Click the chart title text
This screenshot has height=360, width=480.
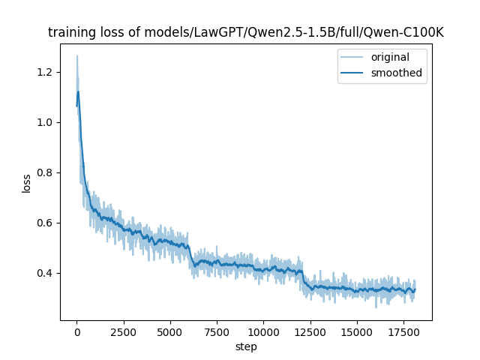coord(246,33)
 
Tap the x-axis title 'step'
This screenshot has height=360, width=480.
coord(246,347)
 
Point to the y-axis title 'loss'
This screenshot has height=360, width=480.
coord(26,183)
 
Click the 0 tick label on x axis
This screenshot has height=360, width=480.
coord(76,331)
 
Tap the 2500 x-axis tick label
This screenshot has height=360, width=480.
coord(123,331)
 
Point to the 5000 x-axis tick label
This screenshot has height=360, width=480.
coord(170,331)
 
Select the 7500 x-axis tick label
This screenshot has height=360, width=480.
coord(217,331)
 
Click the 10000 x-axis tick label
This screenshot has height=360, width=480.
coord(263,331)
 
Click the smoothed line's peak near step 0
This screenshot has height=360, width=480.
coord(78,92)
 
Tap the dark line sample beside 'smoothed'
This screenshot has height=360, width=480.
coord(354,73)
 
